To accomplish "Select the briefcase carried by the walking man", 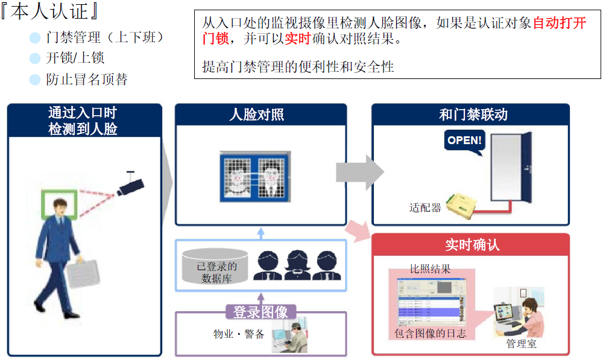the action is (83, 274).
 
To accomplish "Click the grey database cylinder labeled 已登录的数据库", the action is (215, 267).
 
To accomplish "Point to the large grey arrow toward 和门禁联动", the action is (360, 172).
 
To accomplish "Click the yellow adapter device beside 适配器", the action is (461, 206).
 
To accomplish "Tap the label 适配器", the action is (425, 207).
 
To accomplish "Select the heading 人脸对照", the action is (257, 115).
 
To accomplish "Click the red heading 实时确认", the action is (472, 245).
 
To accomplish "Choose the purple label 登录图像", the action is (260, 312).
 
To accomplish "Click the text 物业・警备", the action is (238, 333).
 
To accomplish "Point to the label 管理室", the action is (522, 343).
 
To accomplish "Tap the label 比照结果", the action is (430, 269).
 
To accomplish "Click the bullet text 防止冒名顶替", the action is (87, 79).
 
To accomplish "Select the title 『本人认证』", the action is (50, 11).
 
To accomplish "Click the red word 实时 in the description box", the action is (298, 39).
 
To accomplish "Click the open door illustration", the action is (511, 167).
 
